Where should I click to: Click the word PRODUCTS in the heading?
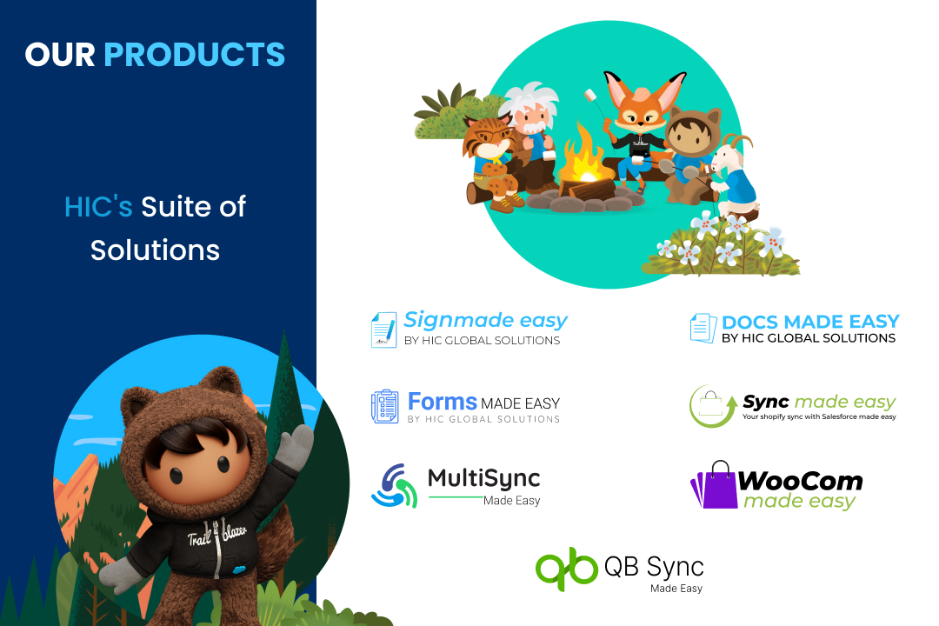pos(195,55)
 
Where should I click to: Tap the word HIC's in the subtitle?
pos(98,207)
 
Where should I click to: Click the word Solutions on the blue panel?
pos(155,250)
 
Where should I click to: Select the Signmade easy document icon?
pos(384,330)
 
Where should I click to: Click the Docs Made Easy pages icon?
pos(703,329)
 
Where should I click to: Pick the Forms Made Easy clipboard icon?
pos(384,406)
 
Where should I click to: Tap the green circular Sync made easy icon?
pos(712,406)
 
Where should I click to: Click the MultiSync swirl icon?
pos(394,486)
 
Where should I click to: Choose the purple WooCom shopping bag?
pos(715,485)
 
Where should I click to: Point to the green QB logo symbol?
pos(567,569)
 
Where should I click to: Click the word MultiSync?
pos(484,478)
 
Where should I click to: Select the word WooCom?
pos(800,481)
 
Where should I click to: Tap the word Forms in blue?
pos(442,401)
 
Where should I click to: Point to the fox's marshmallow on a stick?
pos(591,95)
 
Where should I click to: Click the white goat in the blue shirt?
pos(734,176)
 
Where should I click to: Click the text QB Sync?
pos(654,566)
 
